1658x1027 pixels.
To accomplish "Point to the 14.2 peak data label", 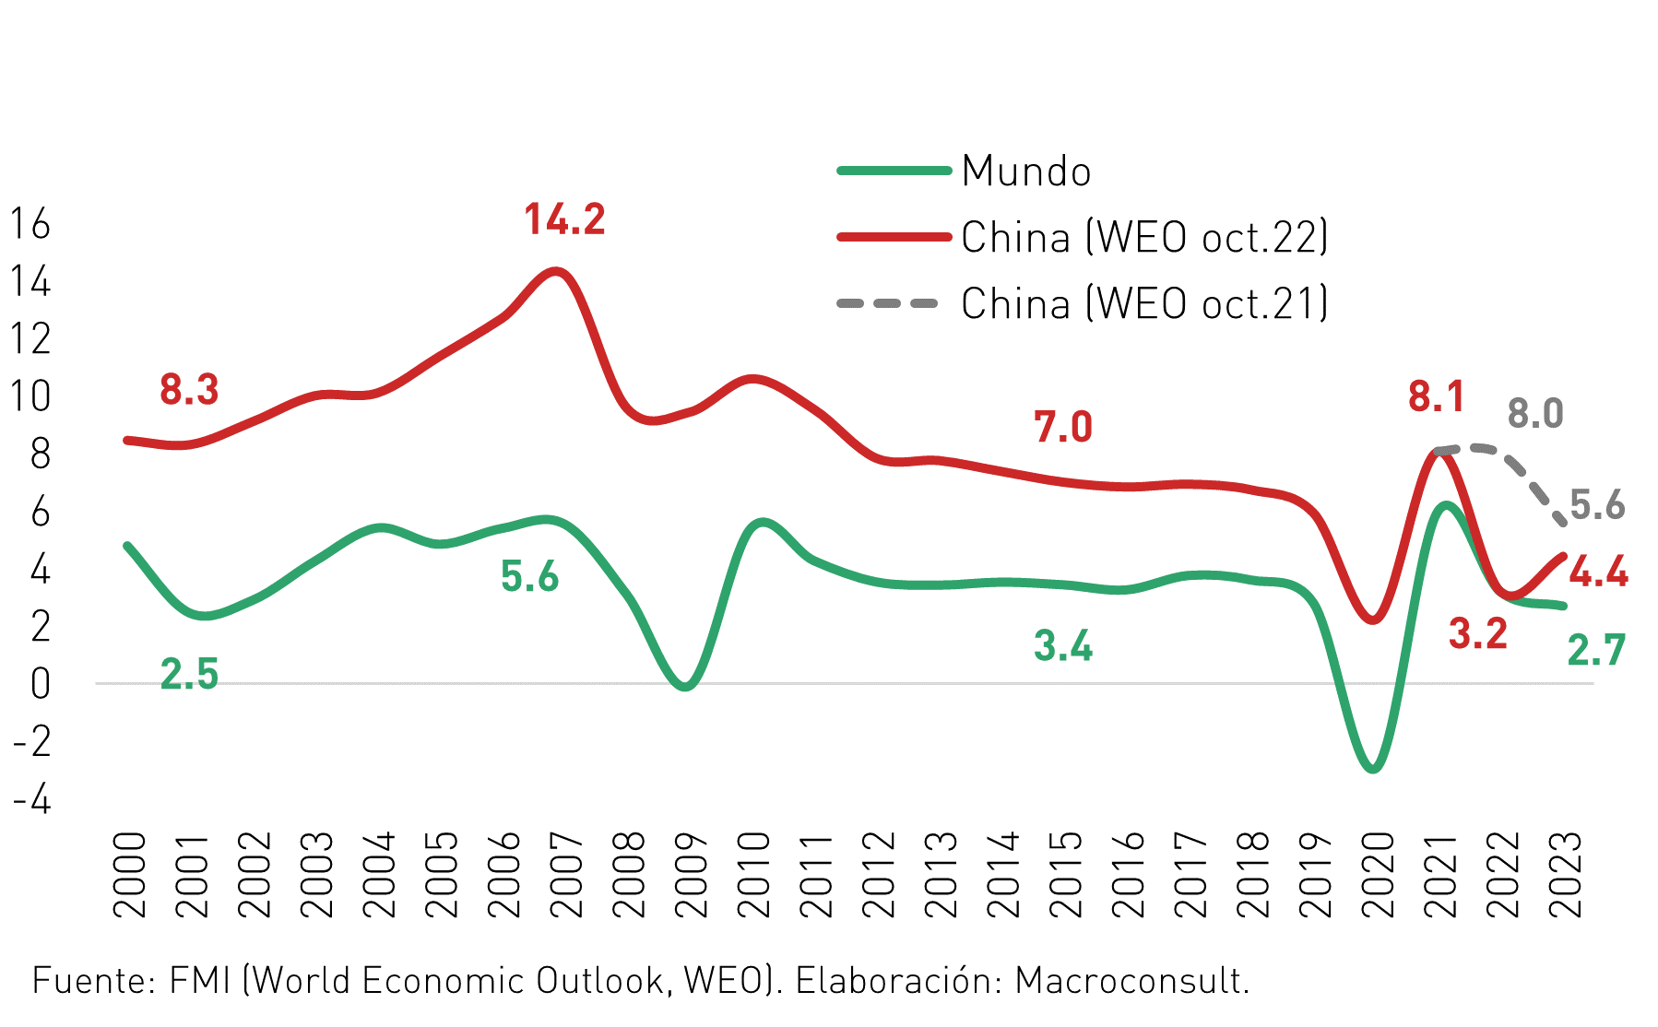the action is (x=564, y=219).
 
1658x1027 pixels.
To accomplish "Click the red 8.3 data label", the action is (x=189, y=389).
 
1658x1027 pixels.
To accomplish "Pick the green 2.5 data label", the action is (x=189, y=674).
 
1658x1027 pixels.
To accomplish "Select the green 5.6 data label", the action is (x=530, y=576).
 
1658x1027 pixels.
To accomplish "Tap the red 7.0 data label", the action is (x=1063, y=427).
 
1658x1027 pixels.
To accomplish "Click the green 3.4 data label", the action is (x=1063, y=645).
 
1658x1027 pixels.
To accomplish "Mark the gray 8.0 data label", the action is (x=1535, y=414).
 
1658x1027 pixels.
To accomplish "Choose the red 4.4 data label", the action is (x=1599, y=573).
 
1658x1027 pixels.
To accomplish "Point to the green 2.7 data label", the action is (x=1596, y=651).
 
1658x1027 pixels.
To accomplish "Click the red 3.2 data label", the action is (x=1478, y=633).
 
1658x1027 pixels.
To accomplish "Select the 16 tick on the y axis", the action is (x=30, y=224).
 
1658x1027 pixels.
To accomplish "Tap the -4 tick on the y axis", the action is (x=32, y=799).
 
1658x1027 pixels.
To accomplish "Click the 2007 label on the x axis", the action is (x=567, y=875).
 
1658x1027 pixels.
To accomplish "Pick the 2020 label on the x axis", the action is (x=1379, y=875).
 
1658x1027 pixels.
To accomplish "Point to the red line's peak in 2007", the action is (x=556, y=272).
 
